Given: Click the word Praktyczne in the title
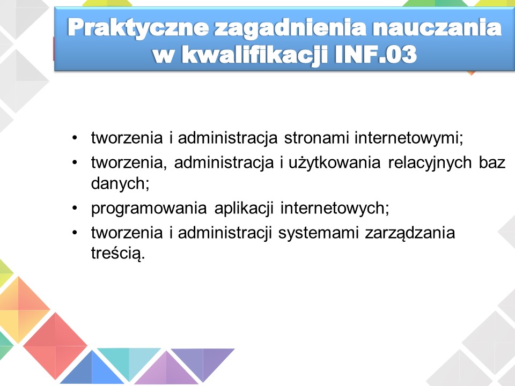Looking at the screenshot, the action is click(138, 28).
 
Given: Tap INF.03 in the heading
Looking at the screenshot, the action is click(376, 54).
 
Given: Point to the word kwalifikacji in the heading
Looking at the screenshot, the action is click(255, 55).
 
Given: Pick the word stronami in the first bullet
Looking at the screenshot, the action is click(317, 138).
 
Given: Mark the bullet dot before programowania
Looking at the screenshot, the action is click(75, 208).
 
